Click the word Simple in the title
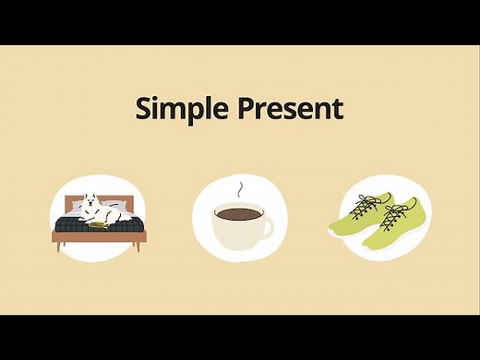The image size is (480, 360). (x=180, y=108)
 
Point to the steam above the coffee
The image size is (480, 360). (x=242, y=190)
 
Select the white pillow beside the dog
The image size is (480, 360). (x=114, y=206)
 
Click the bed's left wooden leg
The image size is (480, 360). (x=60, y=246)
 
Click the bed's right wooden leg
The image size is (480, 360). (x=138, y=246)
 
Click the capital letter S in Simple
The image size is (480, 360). (x=144, y=108)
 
